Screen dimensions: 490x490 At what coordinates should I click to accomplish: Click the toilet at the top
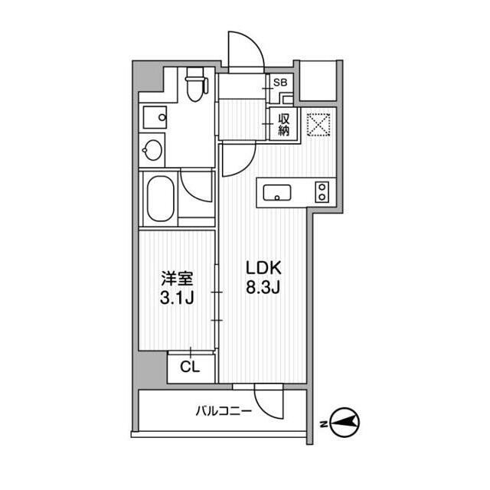coord(194,83)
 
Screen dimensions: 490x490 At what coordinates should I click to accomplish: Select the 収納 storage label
coord(283,124)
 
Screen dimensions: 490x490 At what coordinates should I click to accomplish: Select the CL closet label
coord(189,367)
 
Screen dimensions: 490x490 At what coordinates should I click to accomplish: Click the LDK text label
coord(264,269)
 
